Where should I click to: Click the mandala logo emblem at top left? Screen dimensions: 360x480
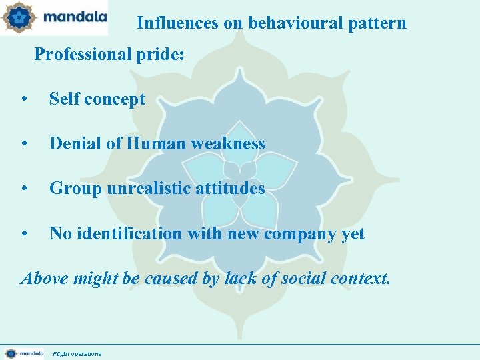pyautogui.click(x=19, y=18)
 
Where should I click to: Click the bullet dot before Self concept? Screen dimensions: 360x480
pyautogui.click(x=24, y=100)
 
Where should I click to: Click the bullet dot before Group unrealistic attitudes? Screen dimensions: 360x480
pyautogui.click(x=24, y=189)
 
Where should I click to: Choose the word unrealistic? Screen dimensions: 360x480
pyautogui.click(x=143, y=189)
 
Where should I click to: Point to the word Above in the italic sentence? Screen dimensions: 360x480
pyautogui.click(x=45, y=278)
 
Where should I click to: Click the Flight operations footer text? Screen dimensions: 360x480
pyautogui.click(x=77, y=354)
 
